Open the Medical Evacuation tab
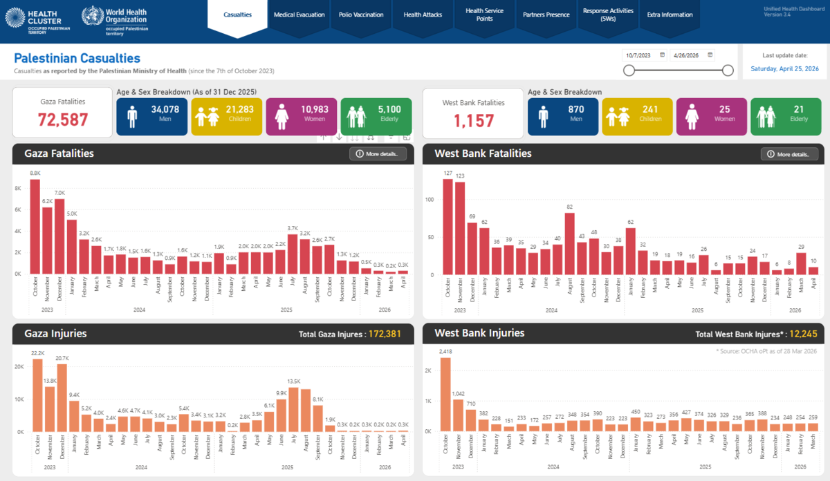(299, 15)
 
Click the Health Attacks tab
(422, 15)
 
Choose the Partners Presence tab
(546, 15)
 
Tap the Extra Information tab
(669, 15)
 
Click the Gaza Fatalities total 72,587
(63, 120)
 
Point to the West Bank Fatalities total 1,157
(474, 121)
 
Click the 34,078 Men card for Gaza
(151, 116)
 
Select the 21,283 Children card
(226, 116)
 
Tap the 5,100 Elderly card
(376, 116)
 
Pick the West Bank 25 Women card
(712, 116)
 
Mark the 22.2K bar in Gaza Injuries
(37, 395)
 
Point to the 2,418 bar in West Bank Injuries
(445, 394)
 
